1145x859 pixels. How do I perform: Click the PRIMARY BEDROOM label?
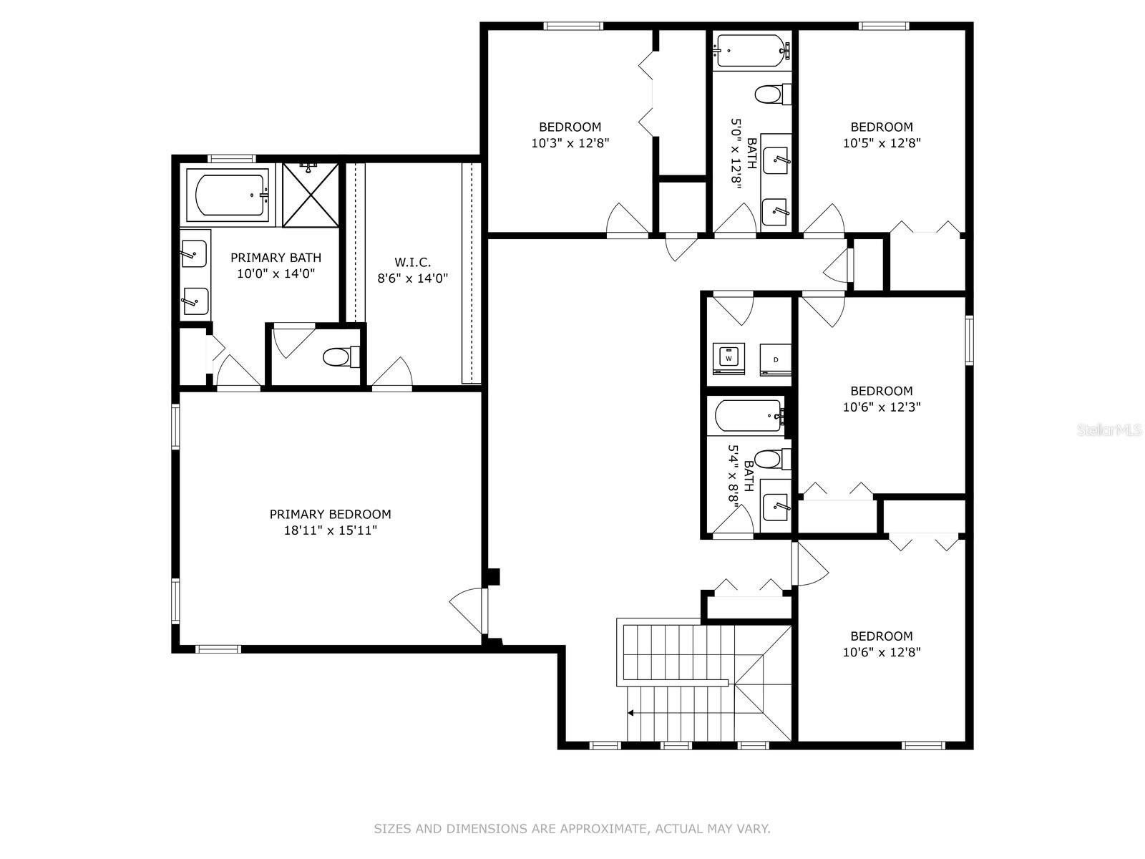coord(330,514)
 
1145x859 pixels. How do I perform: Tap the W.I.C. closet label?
coord(412,262)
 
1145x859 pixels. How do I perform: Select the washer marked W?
coord(729,359)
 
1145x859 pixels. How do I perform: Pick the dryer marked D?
coord(775,359)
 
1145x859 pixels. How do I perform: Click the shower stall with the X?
coord(311,195)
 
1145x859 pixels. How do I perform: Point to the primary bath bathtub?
coord(228,195)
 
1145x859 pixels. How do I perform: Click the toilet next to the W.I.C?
coord(341,357)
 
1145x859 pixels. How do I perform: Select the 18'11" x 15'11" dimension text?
coord(330,530)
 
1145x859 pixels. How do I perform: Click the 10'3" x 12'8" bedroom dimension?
coord(570,143)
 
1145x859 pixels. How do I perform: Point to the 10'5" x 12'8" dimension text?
coord(882,143)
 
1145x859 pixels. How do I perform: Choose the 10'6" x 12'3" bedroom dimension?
coord(882,407)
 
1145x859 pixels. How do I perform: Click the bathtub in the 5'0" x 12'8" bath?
coord(751,51)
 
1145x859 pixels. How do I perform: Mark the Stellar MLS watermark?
coord(1109,430)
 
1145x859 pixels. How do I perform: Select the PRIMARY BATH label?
coord(276,258)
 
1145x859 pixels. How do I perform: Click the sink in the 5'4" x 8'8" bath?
coord(776,505)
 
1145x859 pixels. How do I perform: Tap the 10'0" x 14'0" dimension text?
coord(276,273)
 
